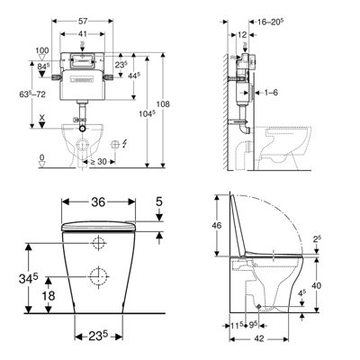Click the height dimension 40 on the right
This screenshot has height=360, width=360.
(341, 283)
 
